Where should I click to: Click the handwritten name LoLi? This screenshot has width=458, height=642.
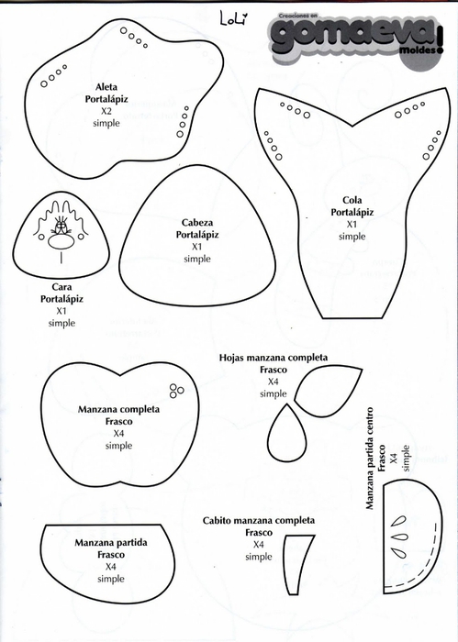point(234,18)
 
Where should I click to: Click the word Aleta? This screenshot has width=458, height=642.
point(106,87)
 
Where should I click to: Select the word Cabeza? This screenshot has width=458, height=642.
point(197,223)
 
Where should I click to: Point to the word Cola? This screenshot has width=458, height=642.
point(352,200)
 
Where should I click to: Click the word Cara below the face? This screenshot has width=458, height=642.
point(61,287)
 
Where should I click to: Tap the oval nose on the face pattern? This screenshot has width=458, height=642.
point(61,242)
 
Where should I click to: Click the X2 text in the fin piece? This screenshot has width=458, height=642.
point(106,111)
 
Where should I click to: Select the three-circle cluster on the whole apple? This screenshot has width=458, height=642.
point(176,391)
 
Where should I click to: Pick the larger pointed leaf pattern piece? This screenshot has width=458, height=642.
point(328,390)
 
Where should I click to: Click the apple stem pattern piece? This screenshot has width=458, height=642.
point(298,565)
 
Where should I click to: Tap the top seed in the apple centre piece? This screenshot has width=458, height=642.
point(398,521)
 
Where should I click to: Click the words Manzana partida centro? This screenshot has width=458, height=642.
point(370,459)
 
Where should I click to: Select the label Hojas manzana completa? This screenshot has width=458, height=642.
point(274,358)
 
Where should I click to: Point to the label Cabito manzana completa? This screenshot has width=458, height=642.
point(259,520)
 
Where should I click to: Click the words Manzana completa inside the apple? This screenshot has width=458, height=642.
point(118,409)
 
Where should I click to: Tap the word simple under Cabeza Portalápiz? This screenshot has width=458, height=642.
point(197,259)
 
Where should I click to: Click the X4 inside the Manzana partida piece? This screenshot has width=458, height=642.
point(111,567)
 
